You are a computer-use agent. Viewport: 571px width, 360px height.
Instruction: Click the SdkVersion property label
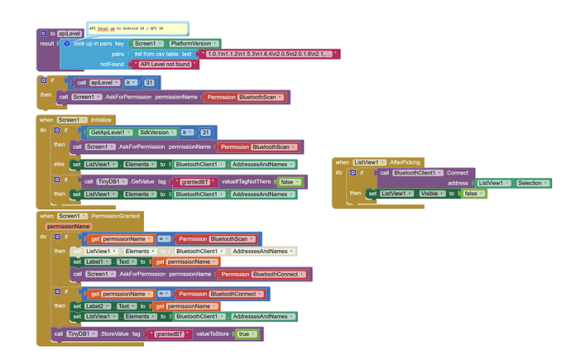[156, 132]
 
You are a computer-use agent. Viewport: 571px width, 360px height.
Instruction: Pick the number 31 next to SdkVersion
[205, 132]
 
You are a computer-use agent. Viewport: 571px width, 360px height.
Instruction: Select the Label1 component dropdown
[98, 261]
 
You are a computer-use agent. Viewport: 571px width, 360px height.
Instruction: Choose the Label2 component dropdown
[98, 305]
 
